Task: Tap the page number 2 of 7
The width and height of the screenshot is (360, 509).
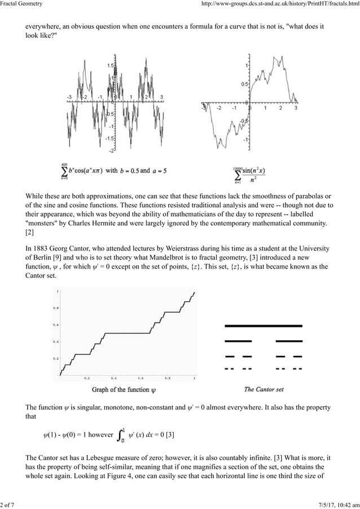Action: (x=7, y=504)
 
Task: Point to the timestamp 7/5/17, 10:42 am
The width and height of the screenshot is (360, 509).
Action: (x=332, y=504)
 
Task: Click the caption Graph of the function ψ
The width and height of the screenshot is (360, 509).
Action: (x=125, y=389)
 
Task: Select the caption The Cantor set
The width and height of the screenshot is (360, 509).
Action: (x=264, y=389)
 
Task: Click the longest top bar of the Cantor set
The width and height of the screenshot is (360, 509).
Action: (x=264, y=326)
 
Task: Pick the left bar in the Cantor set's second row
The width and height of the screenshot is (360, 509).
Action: (x=238, y=341)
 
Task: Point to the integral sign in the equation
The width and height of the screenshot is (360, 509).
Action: (x=120, y=435)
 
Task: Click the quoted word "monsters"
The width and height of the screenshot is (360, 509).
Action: (x=46, y=224)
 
